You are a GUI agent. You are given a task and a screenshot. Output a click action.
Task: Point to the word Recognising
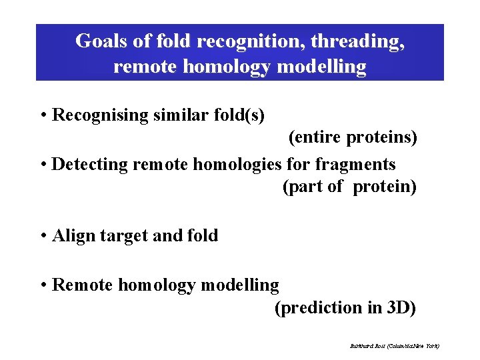pos(100,115)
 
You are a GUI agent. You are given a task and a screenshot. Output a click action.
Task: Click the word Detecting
pos(87,164)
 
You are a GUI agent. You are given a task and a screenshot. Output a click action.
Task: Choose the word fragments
pos(355,164)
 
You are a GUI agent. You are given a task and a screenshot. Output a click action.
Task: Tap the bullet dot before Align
pos(43,236)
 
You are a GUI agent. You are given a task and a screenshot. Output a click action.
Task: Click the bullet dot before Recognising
pos(43,115)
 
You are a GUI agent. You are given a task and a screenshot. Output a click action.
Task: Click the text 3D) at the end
pos(401,308)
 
